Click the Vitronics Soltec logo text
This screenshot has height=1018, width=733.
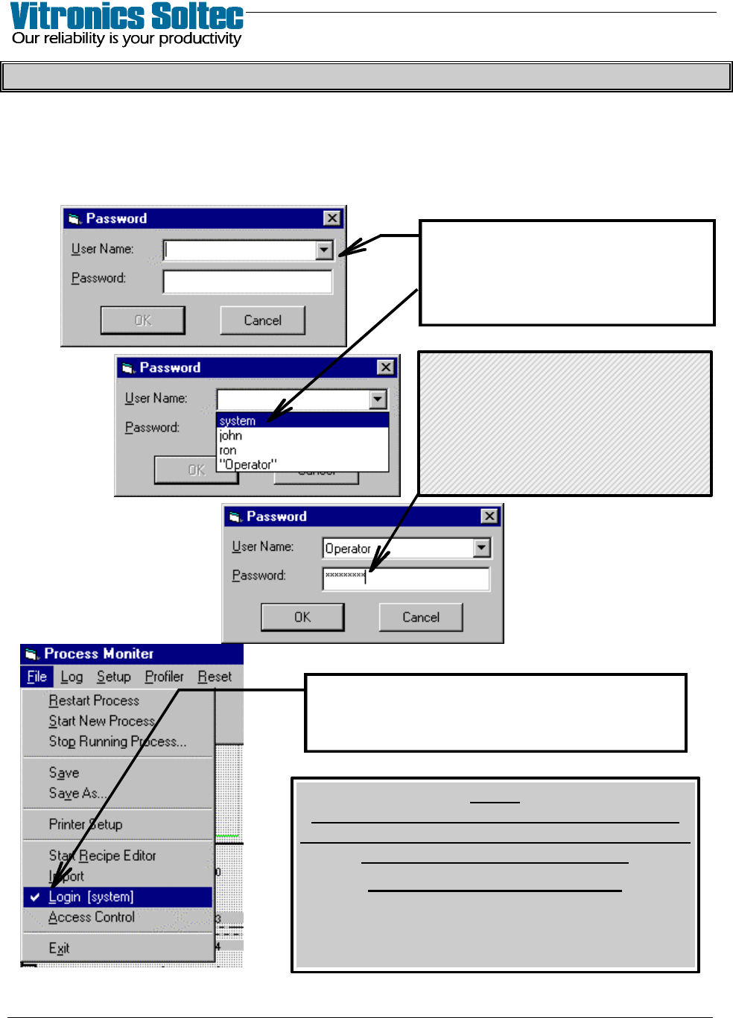[127, 16]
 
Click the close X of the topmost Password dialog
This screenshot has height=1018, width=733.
[332, 218]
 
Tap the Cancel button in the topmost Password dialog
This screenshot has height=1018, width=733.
[262, 320]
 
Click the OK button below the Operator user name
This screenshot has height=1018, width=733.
[302, 617]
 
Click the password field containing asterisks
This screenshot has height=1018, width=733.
[406, 578]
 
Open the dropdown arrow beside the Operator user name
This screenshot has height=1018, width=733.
[482, 548]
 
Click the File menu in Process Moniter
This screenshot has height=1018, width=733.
[37, 677]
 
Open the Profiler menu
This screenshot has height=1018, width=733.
[164, 677]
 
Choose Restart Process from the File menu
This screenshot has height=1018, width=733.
[94, 701]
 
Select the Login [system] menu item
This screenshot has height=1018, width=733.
[91, 897]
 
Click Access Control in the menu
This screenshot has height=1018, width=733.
[92, 917]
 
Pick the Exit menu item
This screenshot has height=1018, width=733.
[59, 948]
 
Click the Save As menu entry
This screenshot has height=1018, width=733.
[77, 793]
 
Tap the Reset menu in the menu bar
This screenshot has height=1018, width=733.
[215, 677]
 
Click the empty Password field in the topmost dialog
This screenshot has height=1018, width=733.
[247, 282]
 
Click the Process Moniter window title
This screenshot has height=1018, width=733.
[98, 654]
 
